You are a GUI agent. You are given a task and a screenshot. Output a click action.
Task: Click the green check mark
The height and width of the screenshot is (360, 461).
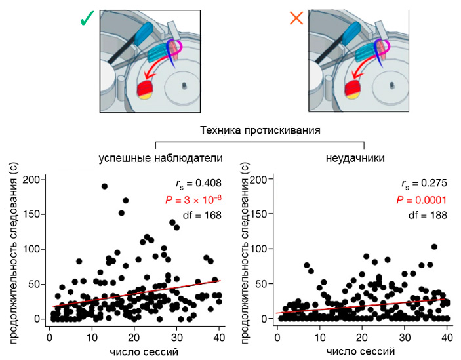pyautogui.click(x=86, y=20)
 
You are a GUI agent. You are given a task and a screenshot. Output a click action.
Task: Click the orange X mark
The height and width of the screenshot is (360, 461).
pyautogui.click(x=296, y=19)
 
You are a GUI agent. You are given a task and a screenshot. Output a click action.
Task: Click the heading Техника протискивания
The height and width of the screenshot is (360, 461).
pyautogui.click(x=260, y=130)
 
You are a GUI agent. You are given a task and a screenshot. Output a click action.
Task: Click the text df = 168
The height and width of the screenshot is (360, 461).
pyautogui.click(x=201, y=214)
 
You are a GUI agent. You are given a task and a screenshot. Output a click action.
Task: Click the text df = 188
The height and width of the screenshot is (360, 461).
pyautogui.click(x=430, y=214)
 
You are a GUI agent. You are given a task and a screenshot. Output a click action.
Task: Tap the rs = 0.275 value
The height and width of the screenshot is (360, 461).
pyautogui.click(x=427, y=184)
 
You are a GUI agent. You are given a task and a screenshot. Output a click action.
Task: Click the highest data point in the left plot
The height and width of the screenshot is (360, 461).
pyautogui.click(x=104, y=186)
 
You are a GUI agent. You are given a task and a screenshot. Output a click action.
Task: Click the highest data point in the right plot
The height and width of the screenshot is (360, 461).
pyautogui.click(x=434, y=247)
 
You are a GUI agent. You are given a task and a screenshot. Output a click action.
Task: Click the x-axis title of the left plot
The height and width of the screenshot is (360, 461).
pyautogui.click(x=135, y=351)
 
